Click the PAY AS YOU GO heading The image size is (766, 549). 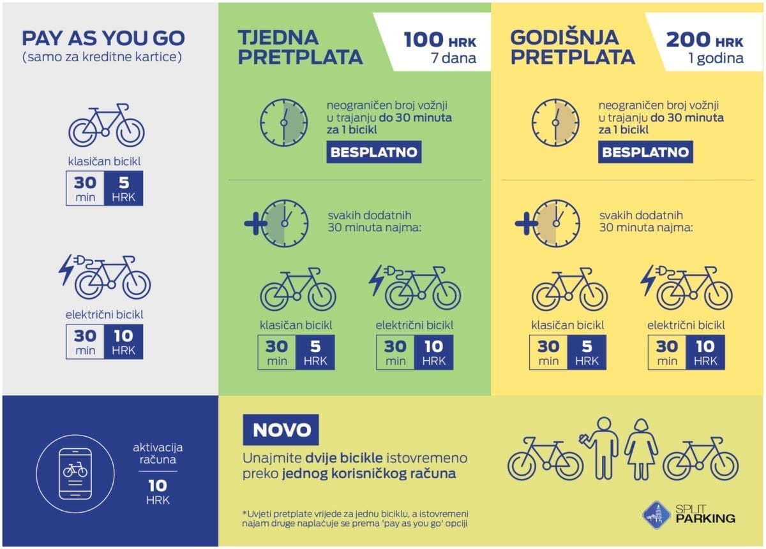[x=103, y=38]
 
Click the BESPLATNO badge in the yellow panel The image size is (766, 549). [x=645, y=152]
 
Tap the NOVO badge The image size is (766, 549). [x=281, y=430]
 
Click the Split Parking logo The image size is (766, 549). [x=689, y=513]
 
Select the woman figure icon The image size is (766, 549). [x=641, y=449]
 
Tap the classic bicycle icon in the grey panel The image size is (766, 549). [x=107, y=125]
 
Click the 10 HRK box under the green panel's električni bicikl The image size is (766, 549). [x=433, y=353]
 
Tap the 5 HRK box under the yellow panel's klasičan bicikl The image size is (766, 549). [x=587, y=353]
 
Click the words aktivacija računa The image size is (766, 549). [x=157, y=453]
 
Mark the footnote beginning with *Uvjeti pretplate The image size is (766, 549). [x=356, y=518]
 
